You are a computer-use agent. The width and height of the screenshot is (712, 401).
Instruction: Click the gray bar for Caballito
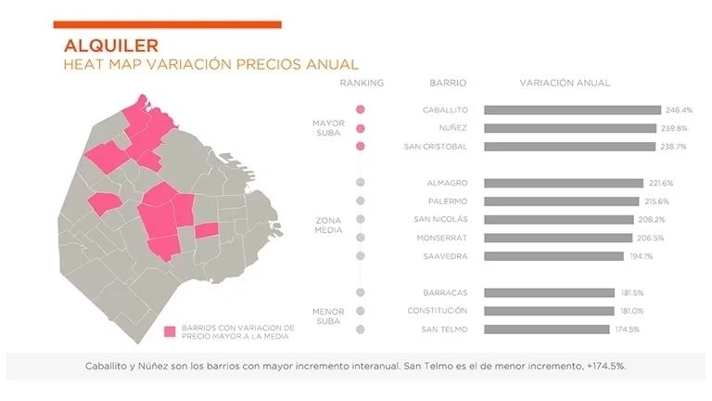point(572,110)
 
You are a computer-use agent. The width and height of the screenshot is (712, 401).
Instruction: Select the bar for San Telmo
point(546,330)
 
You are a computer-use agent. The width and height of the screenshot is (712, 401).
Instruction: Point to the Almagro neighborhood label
point(447,183)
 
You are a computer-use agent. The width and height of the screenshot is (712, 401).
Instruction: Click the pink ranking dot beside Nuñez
point(360,128)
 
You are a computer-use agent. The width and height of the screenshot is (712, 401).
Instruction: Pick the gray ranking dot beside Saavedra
point(360,256)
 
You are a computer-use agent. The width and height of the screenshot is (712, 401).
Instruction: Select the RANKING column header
point(362,83)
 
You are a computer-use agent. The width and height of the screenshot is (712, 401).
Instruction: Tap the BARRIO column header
point(448,83)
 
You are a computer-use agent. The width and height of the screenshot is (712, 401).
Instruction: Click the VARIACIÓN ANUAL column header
point(565,83)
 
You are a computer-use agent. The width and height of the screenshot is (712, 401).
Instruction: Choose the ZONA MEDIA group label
point(329,226)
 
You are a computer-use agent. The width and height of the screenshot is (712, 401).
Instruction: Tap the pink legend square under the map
point(170,331)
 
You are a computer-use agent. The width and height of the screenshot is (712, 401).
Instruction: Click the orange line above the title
point(167,24)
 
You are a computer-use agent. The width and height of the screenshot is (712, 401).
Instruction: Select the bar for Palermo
point(561,201)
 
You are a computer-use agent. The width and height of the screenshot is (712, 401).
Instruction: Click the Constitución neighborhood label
point(438,311)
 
